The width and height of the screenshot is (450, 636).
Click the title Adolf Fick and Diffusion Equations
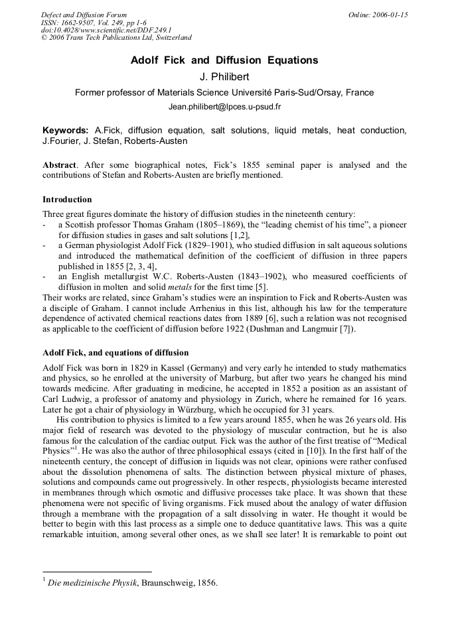click(224, 60)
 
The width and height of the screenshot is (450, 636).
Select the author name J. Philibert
click(224, 77)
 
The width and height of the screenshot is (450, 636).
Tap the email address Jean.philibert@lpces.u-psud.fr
click(224, 106)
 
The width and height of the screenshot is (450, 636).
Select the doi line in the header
click(106, 30)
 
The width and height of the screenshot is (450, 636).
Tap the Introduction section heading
click(67, 200)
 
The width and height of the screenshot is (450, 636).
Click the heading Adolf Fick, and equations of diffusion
click(115, 352)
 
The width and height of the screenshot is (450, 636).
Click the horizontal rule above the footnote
click(97, 572)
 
